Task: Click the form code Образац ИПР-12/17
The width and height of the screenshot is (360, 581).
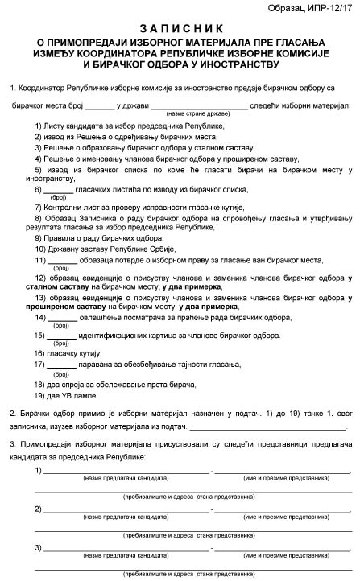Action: pyautogui.click(x=315, y=8)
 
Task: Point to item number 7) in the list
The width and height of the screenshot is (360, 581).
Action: pyautogui.click(x=39, y=207)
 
